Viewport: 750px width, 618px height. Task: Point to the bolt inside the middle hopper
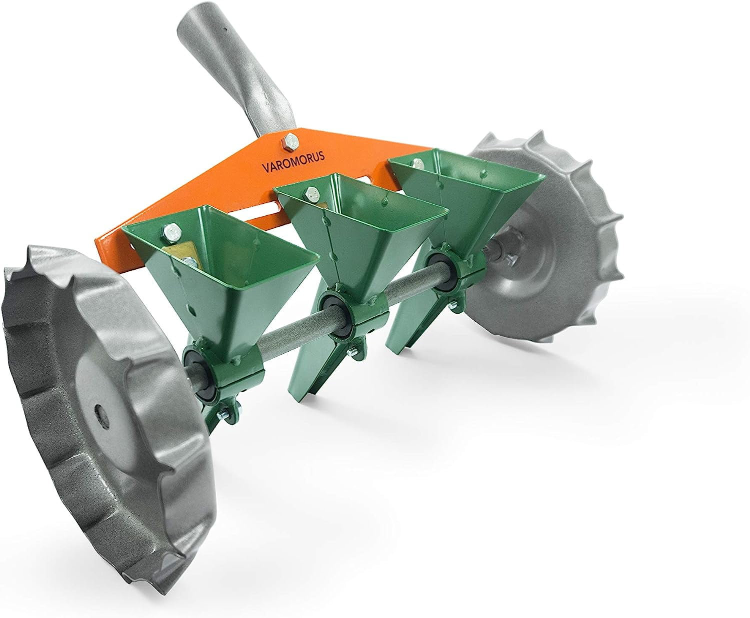[312, 190]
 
